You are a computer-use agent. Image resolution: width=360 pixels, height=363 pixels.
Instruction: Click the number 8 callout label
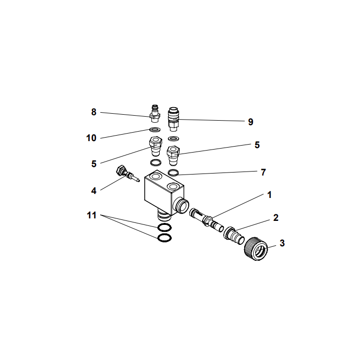pyautogui.click(x=93, y=112)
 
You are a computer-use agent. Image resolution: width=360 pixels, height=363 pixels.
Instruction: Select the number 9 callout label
pyautogui.click(x=251, y=121)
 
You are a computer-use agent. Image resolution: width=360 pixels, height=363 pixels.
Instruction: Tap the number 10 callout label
pyautogui.click(x=91, y=138)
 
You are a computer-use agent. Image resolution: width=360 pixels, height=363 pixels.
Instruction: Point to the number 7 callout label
pyautogui.click(x=263, y=172)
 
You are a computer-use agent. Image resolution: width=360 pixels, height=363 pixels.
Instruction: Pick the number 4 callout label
pyautogui.click(x=93, y=190)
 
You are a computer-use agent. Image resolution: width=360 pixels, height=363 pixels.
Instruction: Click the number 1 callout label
pyautogui.click(x=270, y=194)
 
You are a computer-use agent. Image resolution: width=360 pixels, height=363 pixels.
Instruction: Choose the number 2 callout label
pyautogui.click(x=275, y=218)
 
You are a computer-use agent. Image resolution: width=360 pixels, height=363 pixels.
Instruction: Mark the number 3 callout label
pyautogui.click(x=282, y=243)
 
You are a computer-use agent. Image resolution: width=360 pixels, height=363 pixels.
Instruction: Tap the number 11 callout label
pyautogui.click(x=91, y=216)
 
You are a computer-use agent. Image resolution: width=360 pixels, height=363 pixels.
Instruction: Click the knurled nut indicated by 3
pyautogui.click(x=257, y=247)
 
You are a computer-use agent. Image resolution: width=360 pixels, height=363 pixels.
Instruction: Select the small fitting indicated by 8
pyautogui.click(x=155, y=113)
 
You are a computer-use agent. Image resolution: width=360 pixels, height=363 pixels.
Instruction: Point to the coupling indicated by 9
pyautogui.click(x=174, y=116)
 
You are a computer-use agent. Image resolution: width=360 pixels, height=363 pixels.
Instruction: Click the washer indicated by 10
pyautogui.click(x=155, y=131)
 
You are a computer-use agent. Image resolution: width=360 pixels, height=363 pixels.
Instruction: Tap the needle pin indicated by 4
pyautogui.click(x=127, y=174)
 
